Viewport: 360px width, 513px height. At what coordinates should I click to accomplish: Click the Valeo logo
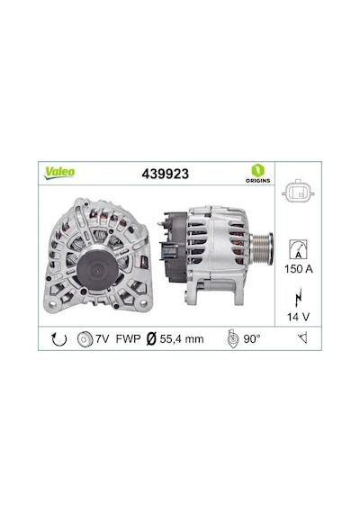point(60,173)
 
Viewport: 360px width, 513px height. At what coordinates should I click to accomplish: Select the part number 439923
point(166,174)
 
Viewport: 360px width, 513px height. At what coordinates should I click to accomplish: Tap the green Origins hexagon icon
point(258,170)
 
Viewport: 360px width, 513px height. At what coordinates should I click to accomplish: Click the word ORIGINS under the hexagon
point(258,181)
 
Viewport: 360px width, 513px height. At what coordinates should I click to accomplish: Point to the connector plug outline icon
point(298,192)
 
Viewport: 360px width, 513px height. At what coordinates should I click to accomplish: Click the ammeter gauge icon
point(298,249)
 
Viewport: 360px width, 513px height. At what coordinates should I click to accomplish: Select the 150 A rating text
point(299,269)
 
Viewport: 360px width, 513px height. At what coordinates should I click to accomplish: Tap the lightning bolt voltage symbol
point(298,297)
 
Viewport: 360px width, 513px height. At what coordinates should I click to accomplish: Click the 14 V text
point(298,317)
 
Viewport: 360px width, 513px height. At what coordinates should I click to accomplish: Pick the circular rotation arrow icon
point(59,339)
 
